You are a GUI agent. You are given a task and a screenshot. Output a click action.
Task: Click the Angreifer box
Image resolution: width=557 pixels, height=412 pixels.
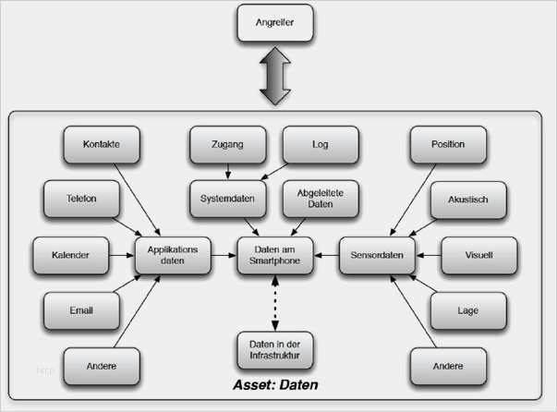275,23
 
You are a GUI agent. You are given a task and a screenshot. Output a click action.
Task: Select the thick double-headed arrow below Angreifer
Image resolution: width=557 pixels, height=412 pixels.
275,76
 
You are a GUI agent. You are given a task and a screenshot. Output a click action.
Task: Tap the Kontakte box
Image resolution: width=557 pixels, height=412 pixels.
102,144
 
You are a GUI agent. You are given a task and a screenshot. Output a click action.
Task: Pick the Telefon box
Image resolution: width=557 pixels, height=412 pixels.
81,199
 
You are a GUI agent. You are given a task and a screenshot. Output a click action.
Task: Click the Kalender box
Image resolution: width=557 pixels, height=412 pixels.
71,255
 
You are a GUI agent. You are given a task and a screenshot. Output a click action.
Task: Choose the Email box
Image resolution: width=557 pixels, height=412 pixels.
81,310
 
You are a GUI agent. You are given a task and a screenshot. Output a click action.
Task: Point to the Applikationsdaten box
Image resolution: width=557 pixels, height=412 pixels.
173,255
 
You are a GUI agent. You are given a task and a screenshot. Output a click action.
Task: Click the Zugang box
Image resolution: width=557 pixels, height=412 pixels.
228,144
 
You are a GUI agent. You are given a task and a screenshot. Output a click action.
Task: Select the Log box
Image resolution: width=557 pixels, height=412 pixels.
321,144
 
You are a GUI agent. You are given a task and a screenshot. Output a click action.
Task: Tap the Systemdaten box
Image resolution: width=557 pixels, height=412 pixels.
228,199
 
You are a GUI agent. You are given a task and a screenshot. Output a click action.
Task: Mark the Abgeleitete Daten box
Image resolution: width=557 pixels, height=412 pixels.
321,199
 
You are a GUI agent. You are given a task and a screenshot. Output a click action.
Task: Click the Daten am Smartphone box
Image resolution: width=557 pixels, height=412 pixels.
275,255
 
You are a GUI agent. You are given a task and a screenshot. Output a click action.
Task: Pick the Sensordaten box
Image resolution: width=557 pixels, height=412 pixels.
377,255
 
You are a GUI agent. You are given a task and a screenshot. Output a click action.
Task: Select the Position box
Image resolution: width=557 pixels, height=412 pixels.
448,144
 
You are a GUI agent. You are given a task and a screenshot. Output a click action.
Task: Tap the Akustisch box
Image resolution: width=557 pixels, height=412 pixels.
468,200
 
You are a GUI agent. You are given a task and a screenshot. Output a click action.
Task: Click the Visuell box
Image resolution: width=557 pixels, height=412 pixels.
479,255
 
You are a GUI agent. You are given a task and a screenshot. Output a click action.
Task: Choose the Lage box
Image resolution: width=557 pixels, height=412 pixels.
468,310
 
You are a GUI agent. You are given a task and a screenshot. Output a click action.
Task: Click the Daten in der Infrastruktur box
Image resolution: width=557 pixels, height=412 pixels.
275,350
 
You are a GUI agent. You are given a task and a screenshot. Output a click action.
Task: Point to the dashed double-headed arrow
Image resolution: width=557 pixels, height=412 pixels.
275,303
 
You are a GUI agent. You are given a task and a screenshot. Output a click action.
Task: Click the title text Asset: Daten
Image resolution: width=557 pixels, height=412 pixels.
275,385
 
